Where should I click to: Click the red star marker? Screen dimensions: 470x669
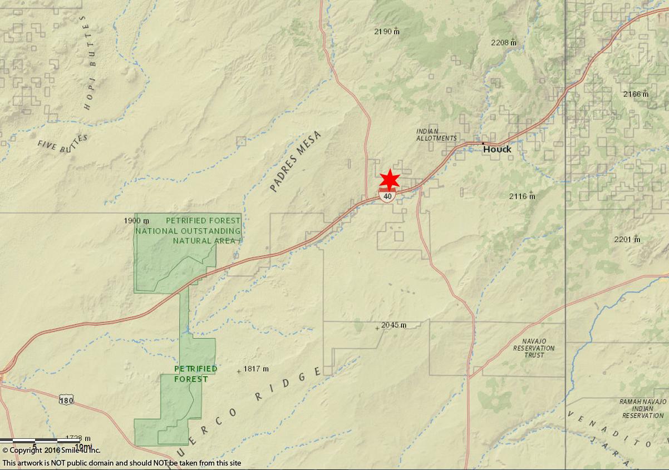click(x=390, y=179)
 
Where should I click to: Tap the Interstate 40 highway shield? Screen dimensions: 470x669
click(x=387, y=196)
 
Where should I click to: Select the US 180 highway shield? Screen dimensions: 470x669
click(x=66, y=399)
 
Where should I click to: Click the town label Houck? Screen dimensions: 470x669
click(x=496, y=149)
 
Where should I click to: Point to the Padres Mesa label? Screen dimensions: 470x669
click(x=296, y=161)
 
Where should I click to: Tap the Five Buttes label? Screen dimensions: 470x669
click(x=62, y=144)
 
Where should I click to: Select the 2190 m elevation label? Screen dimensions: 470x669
click(x=386, y=32)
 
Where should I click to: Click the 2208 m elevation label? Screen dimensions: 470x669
click(x=503, y=42)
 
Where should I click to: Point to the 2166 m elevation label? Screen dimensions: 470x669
click(x=635, y=94)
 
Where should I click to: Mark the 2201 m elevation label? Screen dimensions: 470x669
click(x=627, y=239)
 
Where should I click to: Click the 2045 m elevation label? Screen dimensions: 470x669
click(x=393, y=325)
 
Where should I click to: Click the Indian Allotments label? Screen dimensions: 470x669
click(x=436, y=135)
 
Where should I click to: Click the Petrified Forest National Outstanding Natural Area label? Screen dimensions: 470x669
click(x=188, y=231)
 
